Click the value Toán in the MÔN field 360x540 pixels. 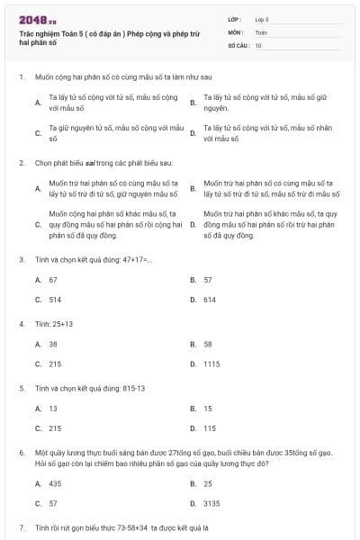tap(261, 31)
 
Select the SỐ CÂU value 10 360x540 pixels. tap(258, 43)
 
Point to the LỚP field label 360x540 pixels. tap(236, 18)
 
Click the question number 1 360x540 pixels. tap(21, 78)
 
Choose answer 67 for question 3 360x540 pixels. tap(53, 280)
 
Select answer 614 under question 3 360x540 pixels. tap(209, 299)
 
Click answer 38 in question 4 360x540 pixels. tap(53, 344)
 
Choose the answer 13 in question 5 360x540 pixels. tap(53, 409)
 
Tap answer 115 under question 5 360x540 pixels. tap(209, 428)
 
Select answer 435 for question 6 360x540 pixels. tap(55, 483)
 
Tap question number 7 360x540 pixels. tap(21, 525)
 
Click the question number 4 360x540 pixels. tap(21, 324)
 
